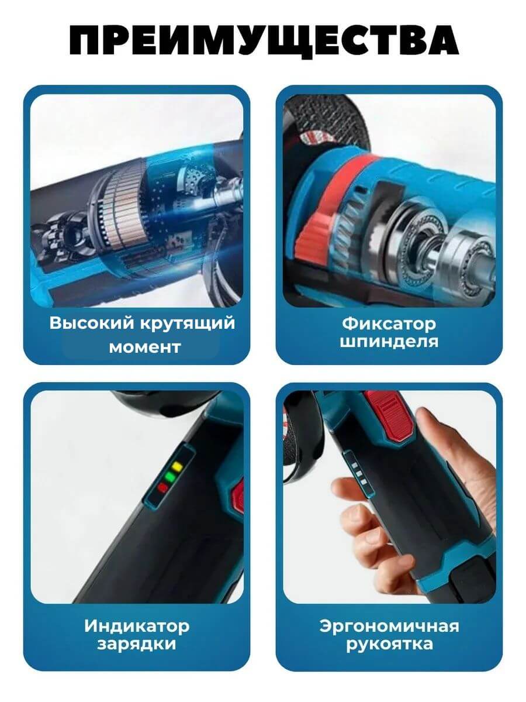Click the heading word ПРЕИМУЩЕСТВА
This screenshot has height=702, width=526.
[264, 41]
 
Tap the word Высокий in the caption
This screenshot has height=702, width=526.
[92, 323]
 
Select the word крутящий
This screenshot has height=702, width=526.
[188, 324]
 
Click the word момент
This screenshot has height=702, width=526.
[145, 347]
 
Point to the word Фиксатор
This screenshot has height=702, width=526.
[389, 324]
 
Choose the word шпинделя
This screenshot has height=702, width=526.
[389, 342]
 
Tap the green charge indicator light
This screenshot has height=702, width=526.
[169, 477]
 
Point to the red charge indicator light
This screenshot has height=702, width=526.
[162, 487]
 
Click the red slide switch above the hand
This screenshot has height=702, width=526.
[390, 412]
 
